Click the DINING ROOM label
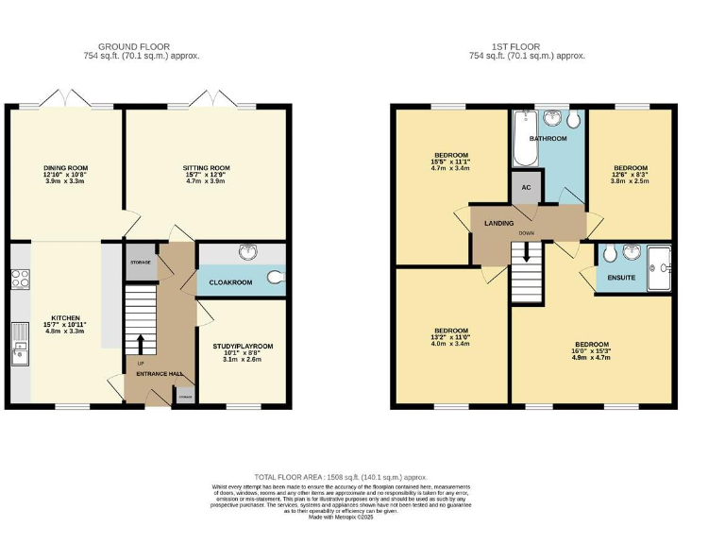pos(65,168)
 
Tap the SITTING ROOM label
pos(206,168)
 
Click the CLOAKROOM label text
pos(229,282)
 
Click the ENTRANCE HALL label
pos(159,374)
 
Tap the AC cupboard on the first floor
pos(525,187)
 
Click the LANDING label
pos(498,223)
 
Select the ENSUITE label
pos(620,278)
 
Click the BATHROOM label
pos(548,139)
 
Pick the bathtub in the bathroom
pos(523,137)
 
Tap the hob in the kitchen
pos(20,280)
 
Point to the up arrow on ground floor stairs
pos(140,344)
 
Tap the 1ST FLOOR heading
pos(526,45)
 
